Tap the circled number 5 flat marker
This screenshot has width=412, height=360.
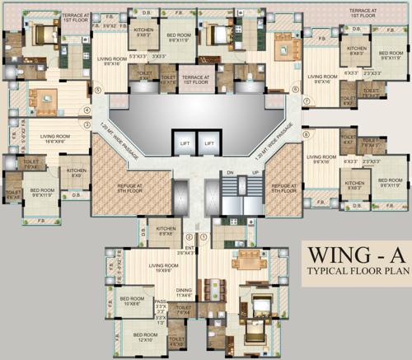[x=97, y=91]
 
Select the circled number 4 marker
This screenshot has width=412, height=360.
[x=85, y=110]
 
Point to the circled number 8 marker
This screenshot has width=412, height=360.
[x=306, y=133]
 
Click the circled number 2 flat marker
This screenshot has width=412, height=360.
[x=188, y=237]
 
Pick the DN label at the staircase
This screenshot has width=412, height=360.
[x=230, y=172]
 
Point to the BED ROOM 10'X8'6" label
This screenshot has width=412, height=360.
[x=132, y=302]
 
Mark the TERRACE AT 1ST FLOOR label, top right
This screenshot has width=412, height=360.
[x=363, y=12]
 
